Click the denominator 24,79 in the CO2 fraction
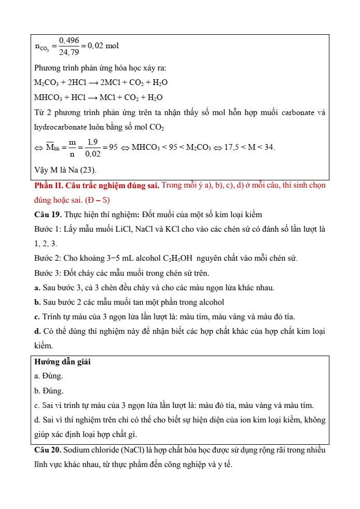[69, 52]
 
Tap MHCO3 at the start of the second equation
[47, 97]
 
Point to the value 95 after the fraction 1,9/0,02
[110, 147]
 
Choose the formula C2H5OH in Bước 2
[162, 258]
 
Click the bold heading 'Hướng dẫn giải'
[59, 362]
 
